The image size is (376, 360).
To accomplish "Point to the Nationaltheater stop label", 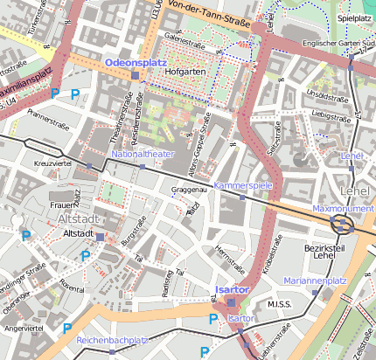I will [x=143, y=154].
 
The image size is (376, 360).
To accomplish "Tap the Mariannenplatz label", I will [x=316, y=280].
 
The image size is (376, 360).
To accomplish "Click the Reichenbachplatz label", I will [x=111, y=339].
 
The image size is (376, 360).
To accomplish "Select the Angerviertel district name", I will [x=24, y=328].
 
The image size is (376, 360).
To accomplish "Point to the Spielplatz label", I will [x=355, y=17].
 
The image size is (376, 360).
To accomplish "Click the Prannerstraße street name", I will [x=48, y=114].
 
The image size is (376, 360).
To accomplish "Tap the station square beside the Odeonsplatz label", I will [x=135, y=75].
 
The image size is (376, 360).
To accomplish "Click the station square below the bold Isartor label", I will [x=231, y=302].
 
